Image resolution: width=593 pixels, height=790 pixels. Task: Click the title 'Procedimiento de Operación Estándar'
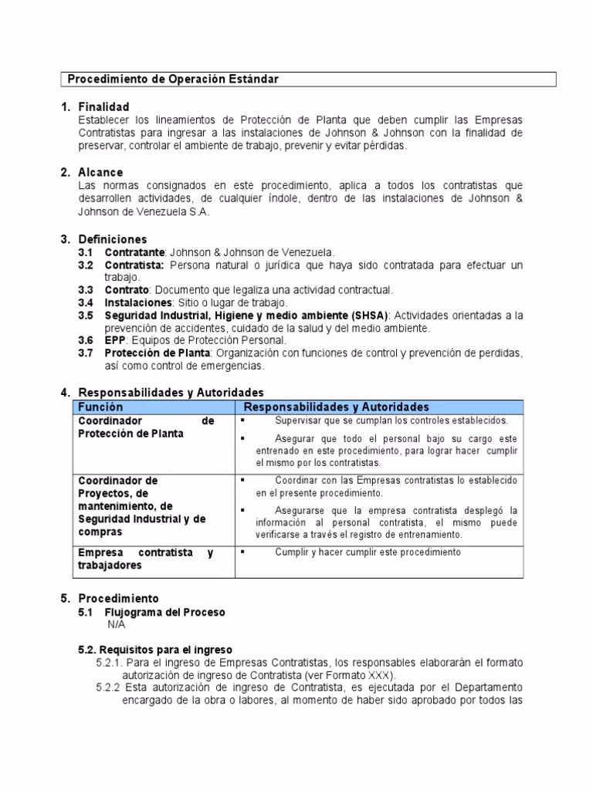click(x=173, y=79)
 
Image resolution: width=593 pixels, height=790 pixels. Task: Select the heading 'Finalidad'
click(x=103, y=106)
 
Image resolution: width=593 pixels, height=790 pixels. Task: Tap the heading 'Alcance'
click(x=100, y=173)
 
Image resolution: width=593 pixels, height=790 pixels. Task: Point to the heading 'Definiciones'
click(x=113, y=239)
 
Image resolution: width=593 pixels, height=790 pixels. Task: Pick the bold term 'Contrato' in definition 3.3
click(x=126, y=290)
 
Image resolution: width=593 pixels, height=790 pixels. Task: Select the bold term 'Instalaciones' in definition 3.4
click(x=138, y=302)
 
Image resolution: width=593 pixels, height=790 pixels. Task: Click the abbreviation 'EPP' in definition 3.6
click(x=114, y=340)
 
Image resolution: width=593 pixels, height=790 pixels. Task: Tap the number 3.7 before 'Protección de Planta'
click(x=86, y=353)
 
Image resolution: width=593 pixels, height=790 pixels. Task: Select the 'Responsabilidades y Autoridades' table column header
click(x=336, y=407)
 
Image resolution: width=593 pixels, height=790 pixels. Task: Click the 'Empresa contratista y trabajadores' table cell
click(x=146, y=559)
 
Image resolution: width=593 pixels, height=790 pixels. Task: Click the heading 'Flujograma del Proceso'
click(x=164, y=612)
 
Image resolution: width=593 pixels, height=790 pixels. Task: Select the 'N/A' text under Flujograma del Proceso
click(x=116, y=624)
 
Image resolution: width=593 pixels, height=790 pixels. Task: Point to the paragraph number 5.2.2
click(x=109, y=687)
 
